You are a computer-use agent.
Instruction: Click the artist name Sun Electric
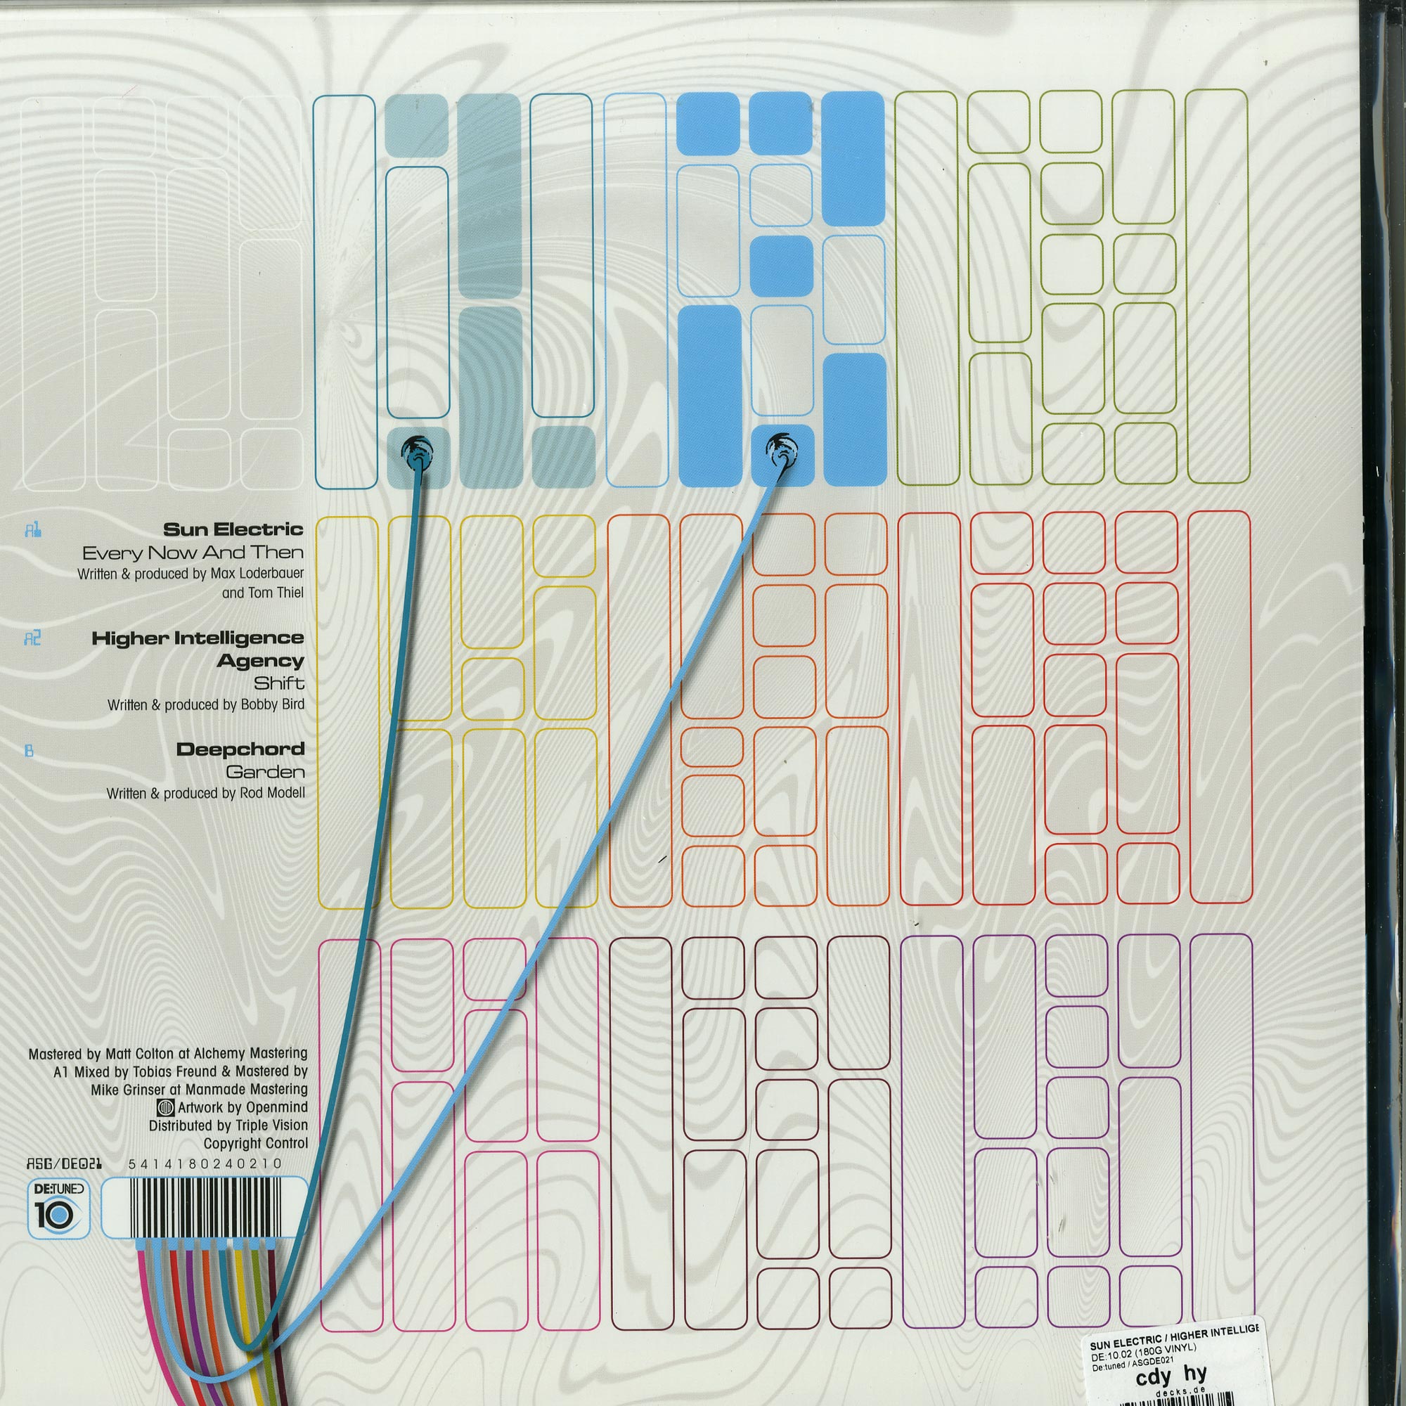pos(232,529)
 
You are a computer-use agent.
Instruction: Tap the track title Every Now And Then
pos(192,553)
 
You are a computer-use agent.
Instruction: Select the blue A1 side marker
pos(32,530)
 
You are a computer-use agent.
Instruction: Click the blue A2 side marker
pos(32,638)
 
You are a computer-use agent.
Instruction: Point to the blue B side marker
pos(29,749)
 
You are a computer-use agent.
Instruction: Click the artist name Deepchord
pos(240,749)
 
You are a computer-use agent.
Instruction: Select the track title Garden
pos(265,771)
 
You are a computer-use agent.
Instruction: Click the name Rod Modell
pos(271,793)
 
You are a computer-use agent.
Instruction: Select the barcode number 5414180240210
pos(205,1163)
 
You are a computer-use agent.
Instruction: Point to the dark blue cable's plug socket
pos(416,450)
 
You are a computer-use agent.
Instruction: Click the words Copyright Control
pos(255,1143)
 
